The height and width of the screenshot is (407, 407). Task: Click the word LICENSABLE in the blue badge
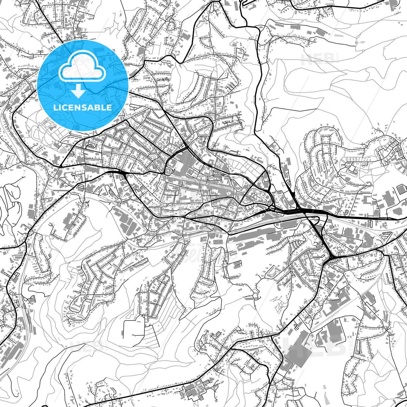[x=83, y=107]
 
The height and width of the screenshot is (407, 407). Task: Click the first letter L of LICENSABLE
[x=55, y=107]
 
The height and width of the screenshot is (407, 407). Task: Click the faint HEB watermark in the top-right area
[x=318, y=59]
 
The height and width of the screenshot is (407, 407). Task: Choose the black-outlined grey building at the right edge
[x=400, y=189]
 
